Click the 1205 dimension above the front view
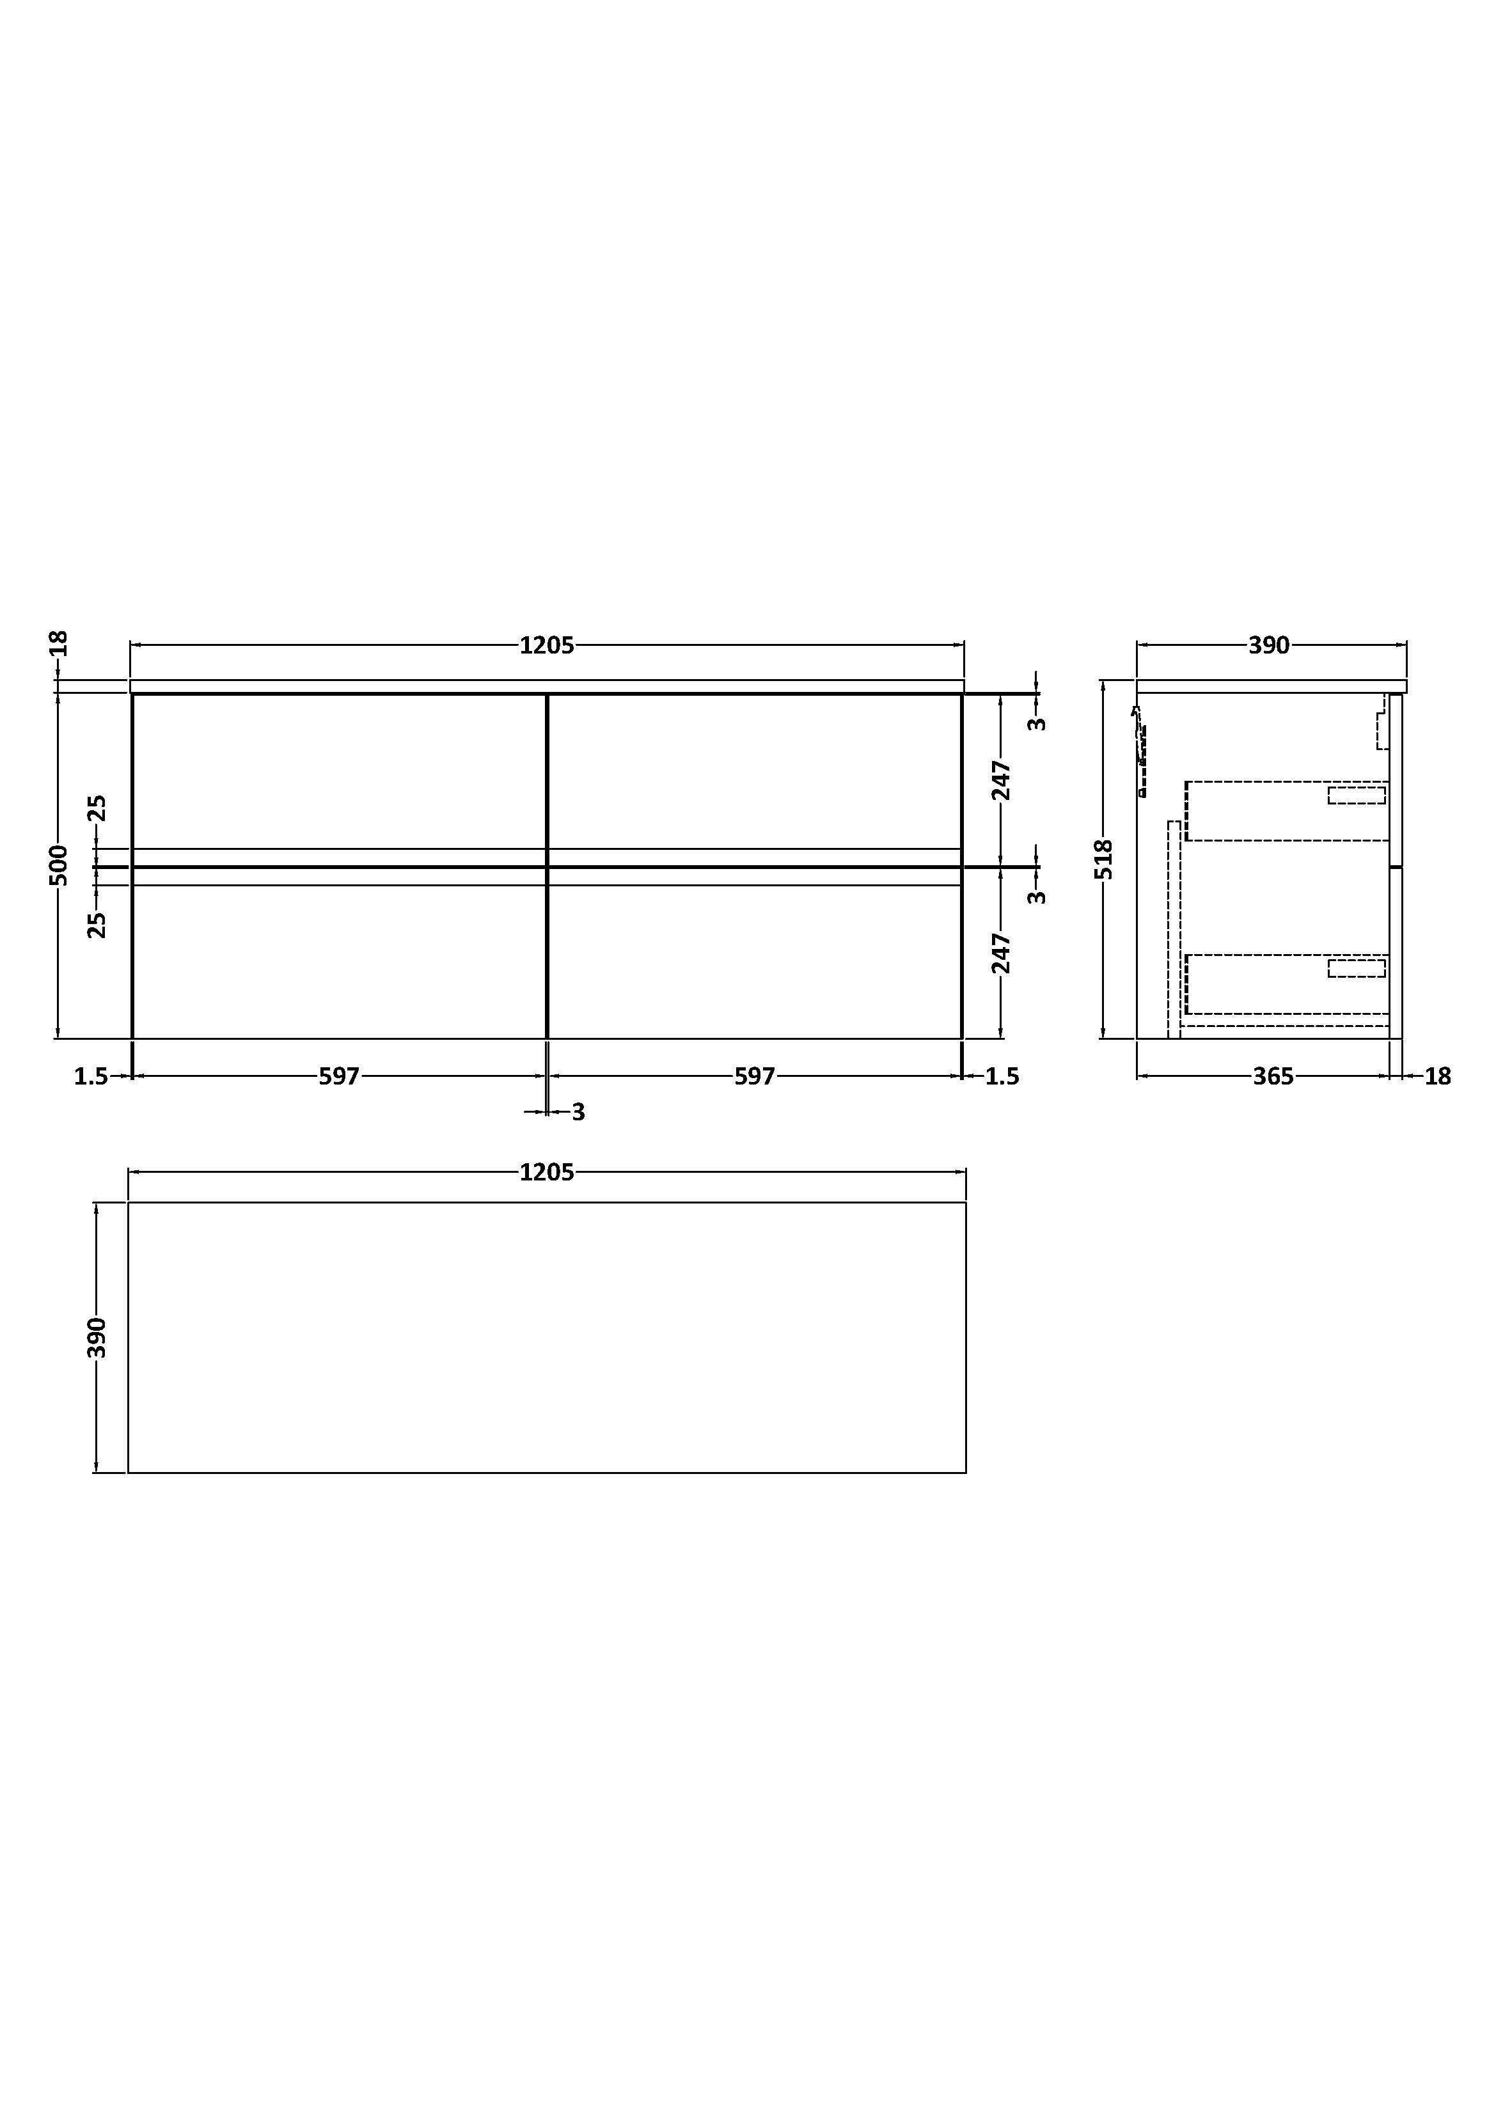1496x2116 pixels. pyautogui.click(x=547, y=645)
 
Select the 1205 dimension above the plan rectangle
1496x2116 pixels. pyautogui.click(x=547, y=1172)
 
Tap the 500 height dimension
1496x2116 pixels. pyautogui.click(x=58, y=865)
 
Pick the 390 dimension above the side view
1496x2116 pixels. pyautogui.click(x=1269, y=646)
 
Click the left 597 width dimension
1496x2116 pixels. pyautogui.click(x=339, y=1076)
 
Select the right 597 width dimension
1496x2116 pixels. pyautogui.click(x=755, y=1076)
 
